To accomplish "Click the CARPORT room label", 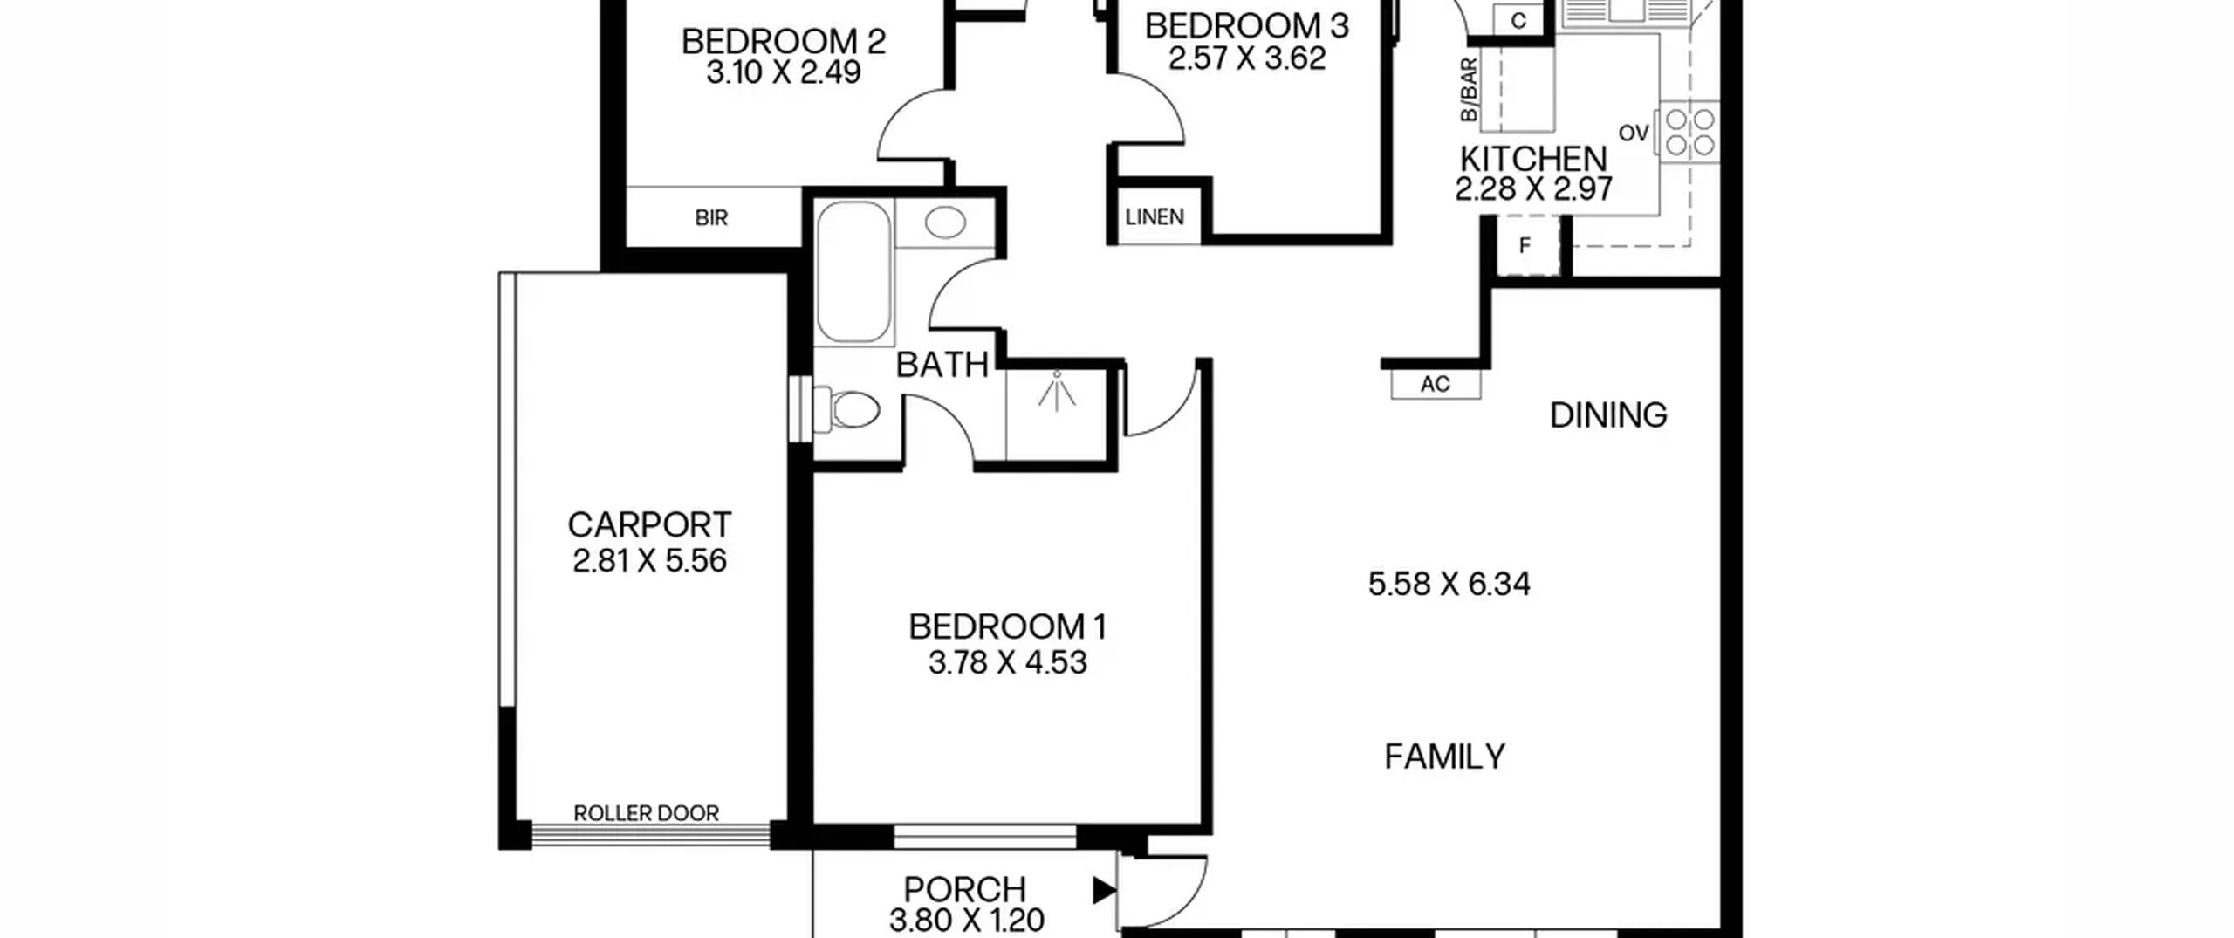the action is pyautogui.click(x=648, y=525).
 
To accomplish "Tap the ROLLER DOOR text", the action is pyautogui.click(x=647, y=813).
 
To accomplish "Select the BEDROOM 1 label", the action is pyautogui.click(x=1007, y=626).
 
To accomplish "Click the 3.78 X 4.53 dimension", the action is pyautogui.click(x=1007, y=662).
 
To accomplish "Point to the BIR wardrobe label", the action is pyautogui.click(x=711, y=217).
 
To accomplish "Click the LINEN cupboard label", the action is pyautogui.click(x=1155, y=216).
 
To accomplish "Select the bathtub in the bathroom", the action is pyautogui.click(x=854, y=271).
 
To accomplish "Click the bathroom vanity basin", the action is pyautogui.click(x=945, y=223).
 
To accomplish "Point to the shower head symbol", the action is pyautogui.click(x=1057, y=392).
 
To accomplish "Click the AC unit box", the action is pyautogui.click(x=1436, y=384).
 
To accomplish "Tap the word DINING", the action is pyautogui.click(x=1608, y=415).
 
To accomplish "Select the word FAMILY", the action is pyautogui.click(x=1445, y=756).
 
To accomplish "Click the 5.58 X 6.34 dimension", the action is pyautogui.click(x=1449, y=584).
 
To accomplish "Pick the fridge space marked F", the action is pyautogui.click(x=1525, y=246).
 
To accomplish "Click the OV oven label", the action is pyautogui.click(x=1634, y=134).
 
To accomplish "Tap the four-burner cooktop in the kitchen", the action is pyautogui.click(x=1689, y=132).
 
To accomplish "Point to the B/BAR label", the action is pyautogui.click(x=1469, y=90).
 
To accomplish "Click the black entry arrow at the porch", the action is pyautogui.click(x=1104, y=890).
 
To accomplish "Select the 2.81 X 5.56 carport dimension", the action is pyautogui.click(x=649, y=560).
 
